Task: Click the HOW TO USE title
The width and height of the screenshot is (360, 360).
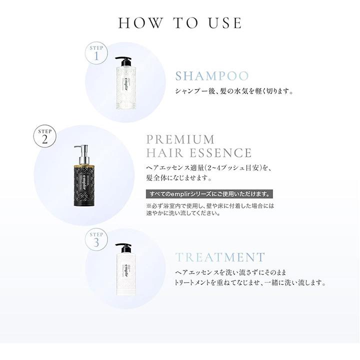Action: (180, 23)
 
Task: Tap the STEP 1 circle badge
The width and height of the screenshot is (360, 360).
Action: (96, 53)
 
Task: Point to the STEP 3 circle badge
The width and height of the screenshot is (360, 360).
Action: (96, 239)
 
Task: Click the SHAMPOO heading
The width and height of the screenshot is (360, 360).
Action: (212, 76)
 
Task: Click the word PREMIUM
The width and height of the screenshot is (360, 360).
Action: (179, 139)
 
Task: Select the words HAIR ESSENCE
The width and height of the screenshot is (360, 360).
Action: (198, 152)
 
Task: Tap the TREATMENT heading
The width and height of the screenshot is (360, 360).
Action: (220, 257)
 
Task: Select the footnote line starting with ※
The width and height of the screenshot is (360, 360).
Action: (210, 205)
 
